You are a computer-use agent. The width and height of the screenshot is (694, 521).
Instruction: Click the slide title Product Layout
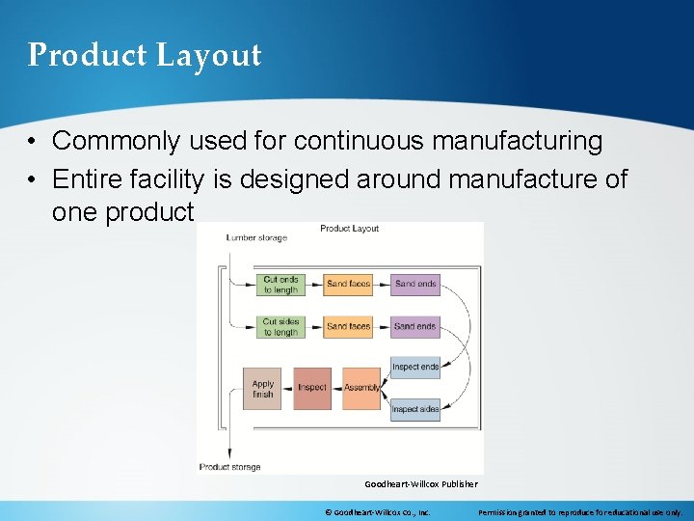(145, 55)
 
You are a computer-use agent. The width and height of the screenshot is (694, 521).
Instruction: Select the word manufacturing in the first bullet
(517, 142)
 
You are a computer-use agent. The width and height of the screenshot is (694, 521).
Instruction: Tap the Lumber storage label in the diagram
(256, 237)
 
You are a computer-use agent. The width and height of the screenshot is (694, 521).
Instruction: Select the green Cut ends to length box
(281, 284)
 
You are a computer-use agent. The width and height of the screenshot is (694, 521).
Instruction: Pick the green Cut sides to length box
(281, 327)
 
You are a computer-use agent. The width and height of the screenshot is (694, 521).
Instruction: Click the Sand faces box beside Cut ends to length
(348, 284)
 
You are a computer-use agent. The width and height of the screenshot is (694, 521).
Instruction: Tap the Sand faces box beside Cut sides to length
(348, 327)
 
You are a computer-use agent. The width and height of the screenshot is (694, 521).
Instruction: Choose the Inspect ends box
(415, 367)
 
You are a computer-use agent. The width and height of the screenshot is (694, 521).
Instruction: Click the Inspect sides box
(415, 409)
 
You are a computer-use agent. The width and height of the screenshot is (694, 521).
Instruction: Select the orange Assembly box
(361, 388)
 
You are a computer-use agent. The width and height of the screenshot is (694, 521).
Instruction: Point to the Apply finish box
(262, 388)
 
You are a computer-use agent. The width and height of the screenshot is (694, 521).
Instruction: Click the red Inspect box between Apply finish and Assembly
(312, 388)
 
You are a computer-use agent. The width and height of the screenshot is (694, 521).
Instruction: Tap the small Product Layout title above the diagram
(349, 229)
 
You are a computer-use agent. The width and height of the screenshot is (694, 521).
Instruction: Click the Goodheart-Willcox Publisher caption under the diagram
(421, 483)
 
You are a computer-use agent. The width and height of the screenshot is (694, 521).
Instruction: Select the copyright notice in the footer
(377, 512)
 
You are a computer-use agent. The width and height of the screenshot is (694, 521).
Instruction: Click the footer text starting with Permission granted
(580, 512)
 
